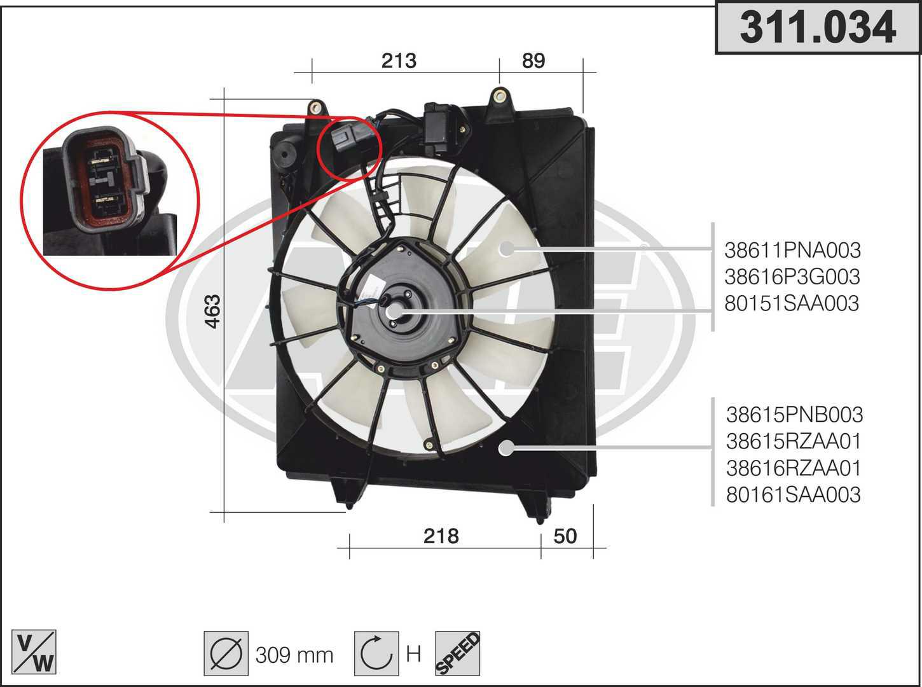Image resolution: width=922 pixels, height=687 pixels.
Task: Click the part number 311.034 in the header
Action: click(817, 27)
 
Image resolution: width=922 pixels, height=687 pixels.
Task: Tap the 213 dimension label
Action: click(399, 61)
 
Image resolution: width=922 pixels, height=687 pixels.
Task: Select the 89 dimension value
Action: click(533, 61)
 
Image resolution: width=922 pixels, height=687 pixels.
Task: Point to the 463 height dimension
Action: click(213, 312)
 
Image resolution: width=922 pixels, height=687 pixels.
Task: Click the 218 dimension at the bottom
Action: click(441, 536)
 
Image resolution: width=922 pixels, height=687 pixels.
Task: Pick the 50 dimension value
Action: click(565, 536)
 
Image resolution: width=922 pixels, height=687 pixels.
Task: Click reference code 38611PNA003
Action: click(792, 251)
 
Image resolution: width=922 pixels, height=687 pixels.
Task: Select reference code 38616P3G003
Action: click(792, 277)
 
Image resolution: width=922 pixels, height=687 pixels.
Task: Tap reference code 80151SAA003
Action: click(792, 303)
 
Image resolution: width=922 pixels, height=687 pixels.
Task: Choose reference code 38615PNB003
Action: click(794, 415)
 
